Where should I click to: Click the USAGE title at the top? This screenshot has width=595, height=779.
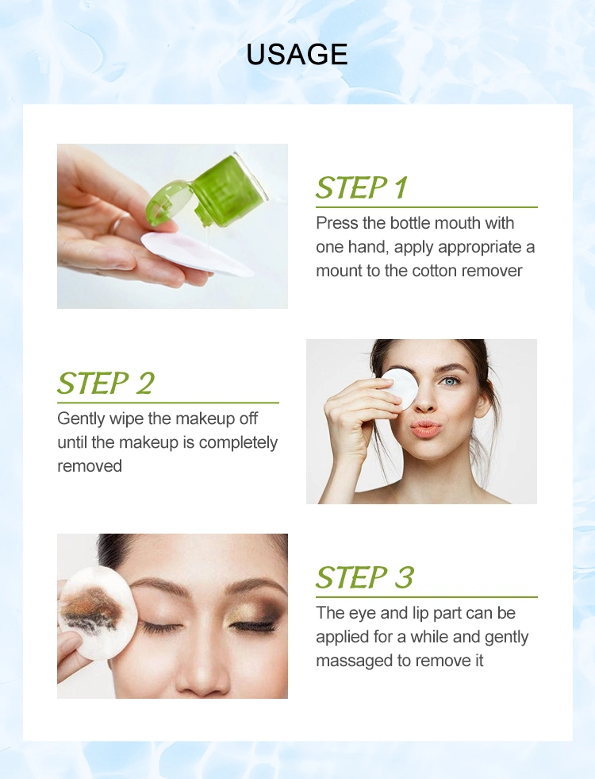pyautogui.click(x=297, y=54)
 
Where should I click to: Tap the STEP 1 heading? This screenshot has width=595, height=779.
pyautogui.click(x=362, y=187)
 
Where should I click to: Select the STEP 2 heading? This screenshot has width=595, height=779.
pyautogui.click(x=106, y=383)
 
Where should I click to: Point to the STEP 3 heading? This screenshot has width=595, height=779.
pyautogui.click(x=365, y=577)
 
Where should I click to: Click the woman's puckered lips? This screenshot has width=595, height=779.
pyautogui.click(x=425, y=428)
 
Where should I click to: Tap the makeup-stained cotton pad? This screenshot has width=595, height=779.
pyautogui.click(x=95, y=614)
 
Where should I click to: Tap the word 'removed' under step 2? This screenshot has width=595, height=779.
pyautogui.click(x=90, y=466)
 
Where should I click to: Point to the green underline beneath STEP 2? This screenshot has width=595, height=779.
pyautogui.click(x=167, y=403)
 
